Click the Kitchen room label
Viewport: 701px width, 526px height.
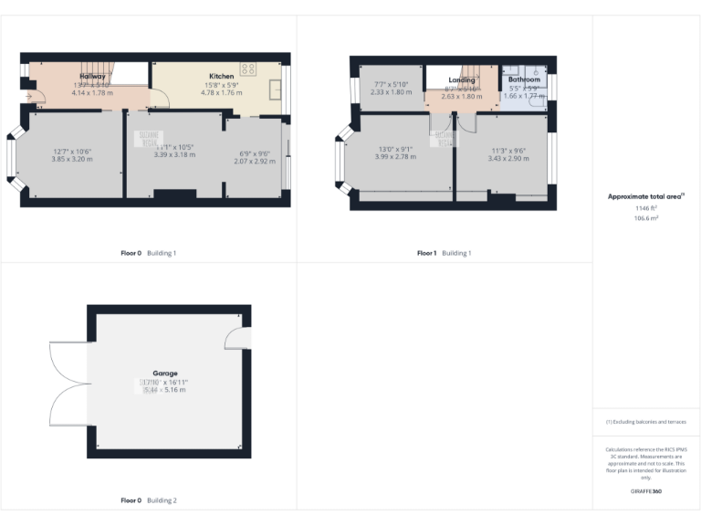pos(222,76)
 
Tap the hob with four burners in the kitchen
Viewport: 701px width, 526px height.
pos(247,69)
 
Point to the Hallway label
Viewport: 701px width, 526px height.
pos(91,76)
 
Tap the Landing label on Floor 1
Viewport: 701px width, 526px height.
pos(462,80)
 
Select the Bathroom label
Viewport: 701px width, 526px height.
pos(524,79)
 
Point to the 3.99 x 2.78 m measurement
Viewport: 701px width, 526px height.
pos(395,156)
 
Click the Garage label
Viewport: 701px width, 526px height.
pos(165,373)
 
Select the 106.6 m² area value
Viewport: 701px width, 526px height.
pos(646,219)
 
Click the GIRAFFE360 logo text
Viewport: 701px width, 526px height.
pos(645,492)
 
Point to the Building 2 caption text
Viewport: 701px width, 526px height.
pos(162,500)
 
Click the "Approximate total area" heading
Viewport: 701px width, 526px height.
pos(644,196)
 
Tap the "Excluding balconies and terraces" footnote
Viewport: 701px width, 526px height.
pos(645,422)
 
